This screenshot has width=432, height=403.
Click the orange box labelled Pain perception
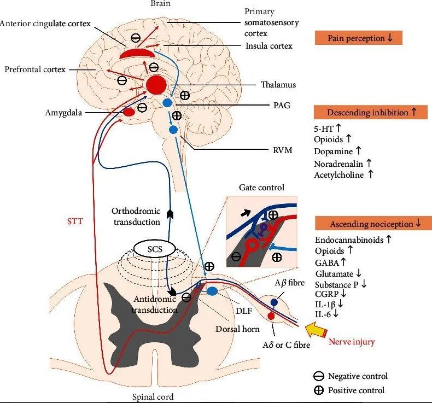358,38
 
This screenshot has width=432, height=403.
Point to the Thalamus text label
278,85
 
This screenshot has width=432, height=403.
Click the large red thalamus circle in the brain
156,85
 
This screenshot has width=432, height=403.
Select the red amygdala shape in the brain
129,112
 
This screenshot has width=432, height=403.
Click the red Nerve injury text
352,342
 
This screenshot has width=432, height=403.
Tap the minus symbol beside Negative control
318,376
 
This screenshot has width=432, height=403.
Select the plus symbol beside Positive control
318,390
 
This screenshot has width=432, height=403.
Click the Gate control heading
261,188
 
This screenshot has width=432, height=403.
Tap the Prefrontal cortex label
35,69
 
